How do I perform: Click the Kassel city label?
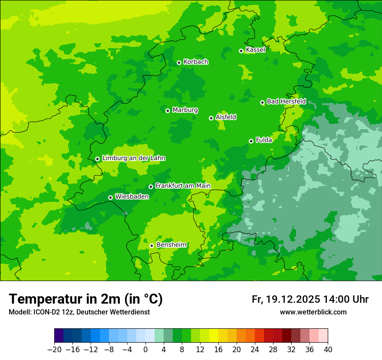pyautogui.click(x=255, y=50)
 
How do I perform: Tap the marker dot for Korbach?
pyautogui.click(x=179, y=62)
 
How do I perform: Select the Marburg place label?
pyautogui.click(x=185, y=110)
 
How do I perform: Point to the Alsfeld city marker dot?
pyautogui.click(x=211, y=118)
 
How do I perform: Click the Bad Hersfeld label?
pyautogui.click(x=286, y=101)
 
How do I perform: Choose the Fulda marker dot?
pyautogui.click(x=251, y=141)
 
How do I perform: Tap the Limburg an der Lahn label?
pyautogui.click(x=133, y=158)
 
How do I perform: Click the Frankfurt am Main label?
pyautogui.click(x=183, y=186)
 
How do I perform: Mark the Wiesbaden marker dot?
pyautogui.click(x=110, y=197)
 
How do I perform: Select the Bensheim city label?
pyautogui.click(x=171, y=245)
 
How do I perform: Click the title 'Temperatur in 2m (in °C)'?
pyautogui.click(x=86, y=299)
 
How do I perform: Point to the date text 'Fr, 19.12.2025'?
pyautogui.click(x=286, y=299)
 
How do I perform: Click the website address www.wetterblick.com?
pyautogui.click(x=313, y=312)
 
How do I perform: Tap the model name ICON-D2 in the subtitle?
pyautogui.click(x=44, y=312)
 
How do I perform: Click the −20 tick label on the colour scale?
pyautogui.click(x=54, y=349)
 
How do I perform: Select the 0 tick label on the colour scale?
pyautogui.click(x=145, y=349)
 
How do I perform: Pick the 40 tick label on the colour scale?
pyautogui.click(x=328, y=349)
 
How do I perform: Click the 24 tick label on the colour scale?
pyautogui.click(x=255, y=349)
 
